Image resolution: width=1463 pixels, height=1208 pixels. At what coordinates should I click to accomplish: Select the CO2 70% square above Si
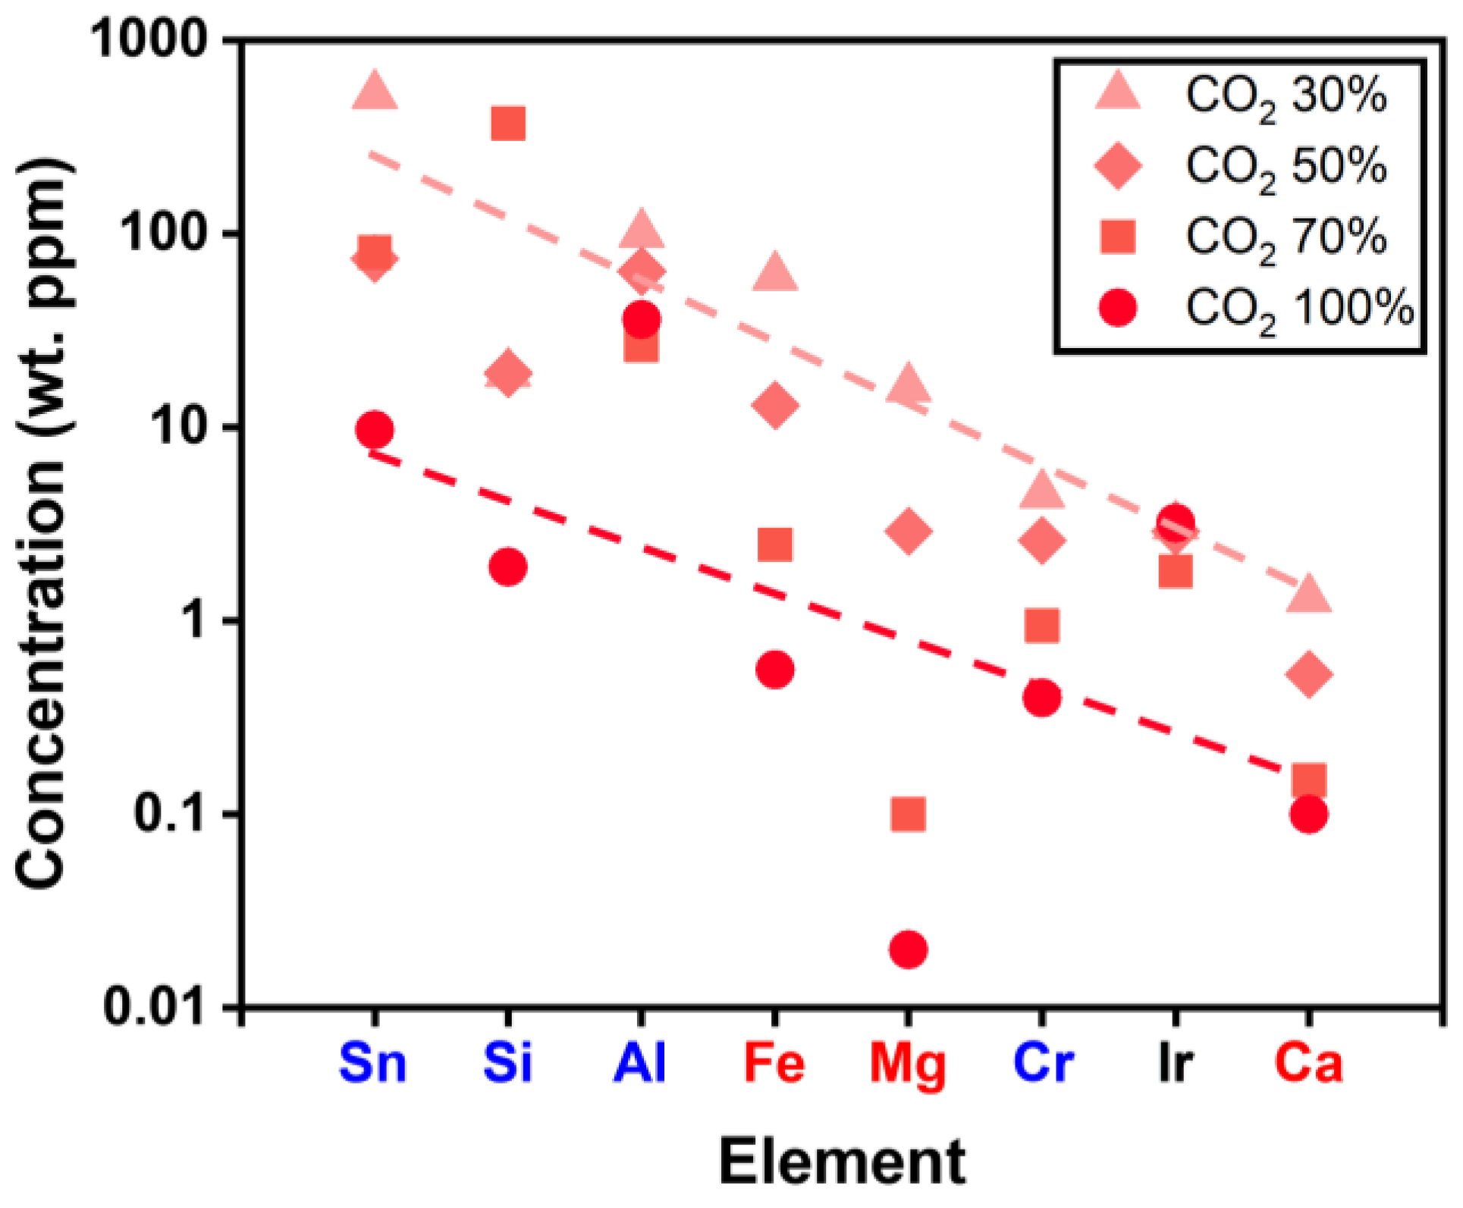coord(507,124)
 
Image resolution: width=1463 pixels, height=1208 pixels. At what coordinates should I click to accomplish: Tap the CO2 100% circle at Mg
coord(908,949)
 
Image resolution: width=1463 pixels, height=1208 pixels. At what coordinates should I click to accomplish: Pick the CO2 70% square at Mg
coord(908,814)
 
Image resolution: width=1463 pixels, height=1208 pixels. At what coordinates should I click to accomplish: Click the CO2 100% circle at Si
coord(507,566)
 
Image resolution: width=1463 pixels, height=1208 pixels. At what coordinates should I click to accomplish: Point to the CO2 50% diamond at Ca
coord(1308,673)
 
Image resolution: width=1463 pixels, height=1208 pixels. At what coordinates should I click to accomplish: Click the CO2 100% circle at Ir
coord(1176,522)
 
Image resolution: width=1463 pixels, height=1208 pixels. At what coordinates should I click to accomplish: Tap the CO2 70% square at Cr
coord(1041,626)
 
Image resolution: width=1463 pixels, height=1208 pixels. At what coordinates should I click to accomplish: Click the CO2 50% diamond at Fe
coord(774,405)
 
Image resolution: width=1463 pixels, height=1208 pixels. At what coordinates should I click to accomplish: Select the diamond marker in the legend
coord(1118,165)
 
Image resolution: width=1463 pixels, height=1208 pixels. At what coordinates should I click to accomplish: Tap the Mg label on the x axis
coord(908,1064)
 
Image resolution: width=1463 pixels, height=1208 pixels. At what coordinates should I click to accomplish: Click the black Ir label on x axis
coord(1176,1062)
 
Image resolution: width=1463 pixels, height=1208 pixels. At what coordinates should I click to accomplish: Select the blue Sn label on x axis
coord(372,1062)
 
